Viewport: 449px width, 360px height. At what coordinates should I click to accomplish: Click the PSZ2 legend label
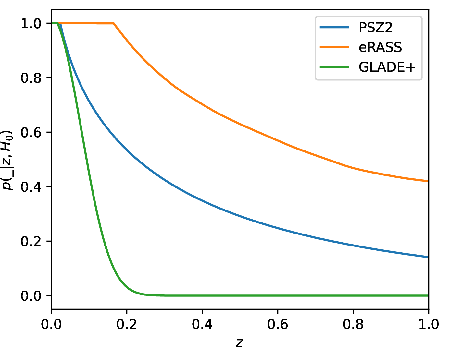[375, 28]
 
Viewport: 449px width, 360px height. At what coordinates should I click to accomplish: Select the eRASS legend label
[380, 47]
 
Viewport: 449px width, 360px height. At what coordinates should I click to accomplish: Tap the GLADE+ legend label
[387, 67]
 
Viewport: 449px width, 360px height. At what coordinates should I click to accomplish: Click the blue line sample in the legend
[334, 28]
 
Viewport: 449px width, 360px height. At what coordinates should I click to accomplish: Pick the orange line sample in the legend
[334, 47]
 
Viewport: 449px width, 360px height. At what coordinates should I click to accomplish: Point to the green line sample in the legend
[334, 67]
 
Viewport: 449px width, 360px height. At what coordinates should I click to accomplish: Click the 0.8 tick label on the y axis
[31, 78]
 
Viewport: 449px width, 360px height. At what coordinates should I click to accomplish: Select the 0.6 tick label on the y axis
[31, 133]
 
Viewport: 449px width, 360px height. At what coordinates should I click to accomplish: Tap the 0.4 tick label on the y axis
[31, 187]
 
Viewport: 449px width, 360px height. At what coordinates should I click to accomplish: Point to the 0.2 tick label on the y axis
[31, 242]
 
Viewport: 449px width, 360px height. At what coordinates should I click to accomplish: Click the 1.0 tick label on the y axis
[31, 24]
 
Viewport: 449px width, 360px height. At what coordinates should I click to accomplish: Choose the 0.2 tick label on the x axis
[127, 324]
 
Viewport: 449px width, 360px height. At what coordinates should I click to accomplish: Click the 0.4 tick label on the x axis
[202, 324]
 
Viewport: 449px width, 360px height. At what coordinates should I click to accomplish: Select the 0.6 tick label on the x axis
[278, 324]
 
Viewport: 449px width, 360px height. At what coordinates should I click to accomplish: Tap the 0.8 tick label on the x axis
[353, 324]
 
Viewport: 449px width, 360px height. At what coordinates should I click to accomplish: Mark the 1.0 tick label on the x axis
[428, 324]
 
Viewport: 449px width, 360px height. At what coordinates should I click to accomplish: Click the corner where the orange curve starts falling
[114, 23]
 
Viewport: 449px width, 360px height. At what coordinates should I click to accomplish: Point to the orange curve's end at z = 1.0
[428, 181]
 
